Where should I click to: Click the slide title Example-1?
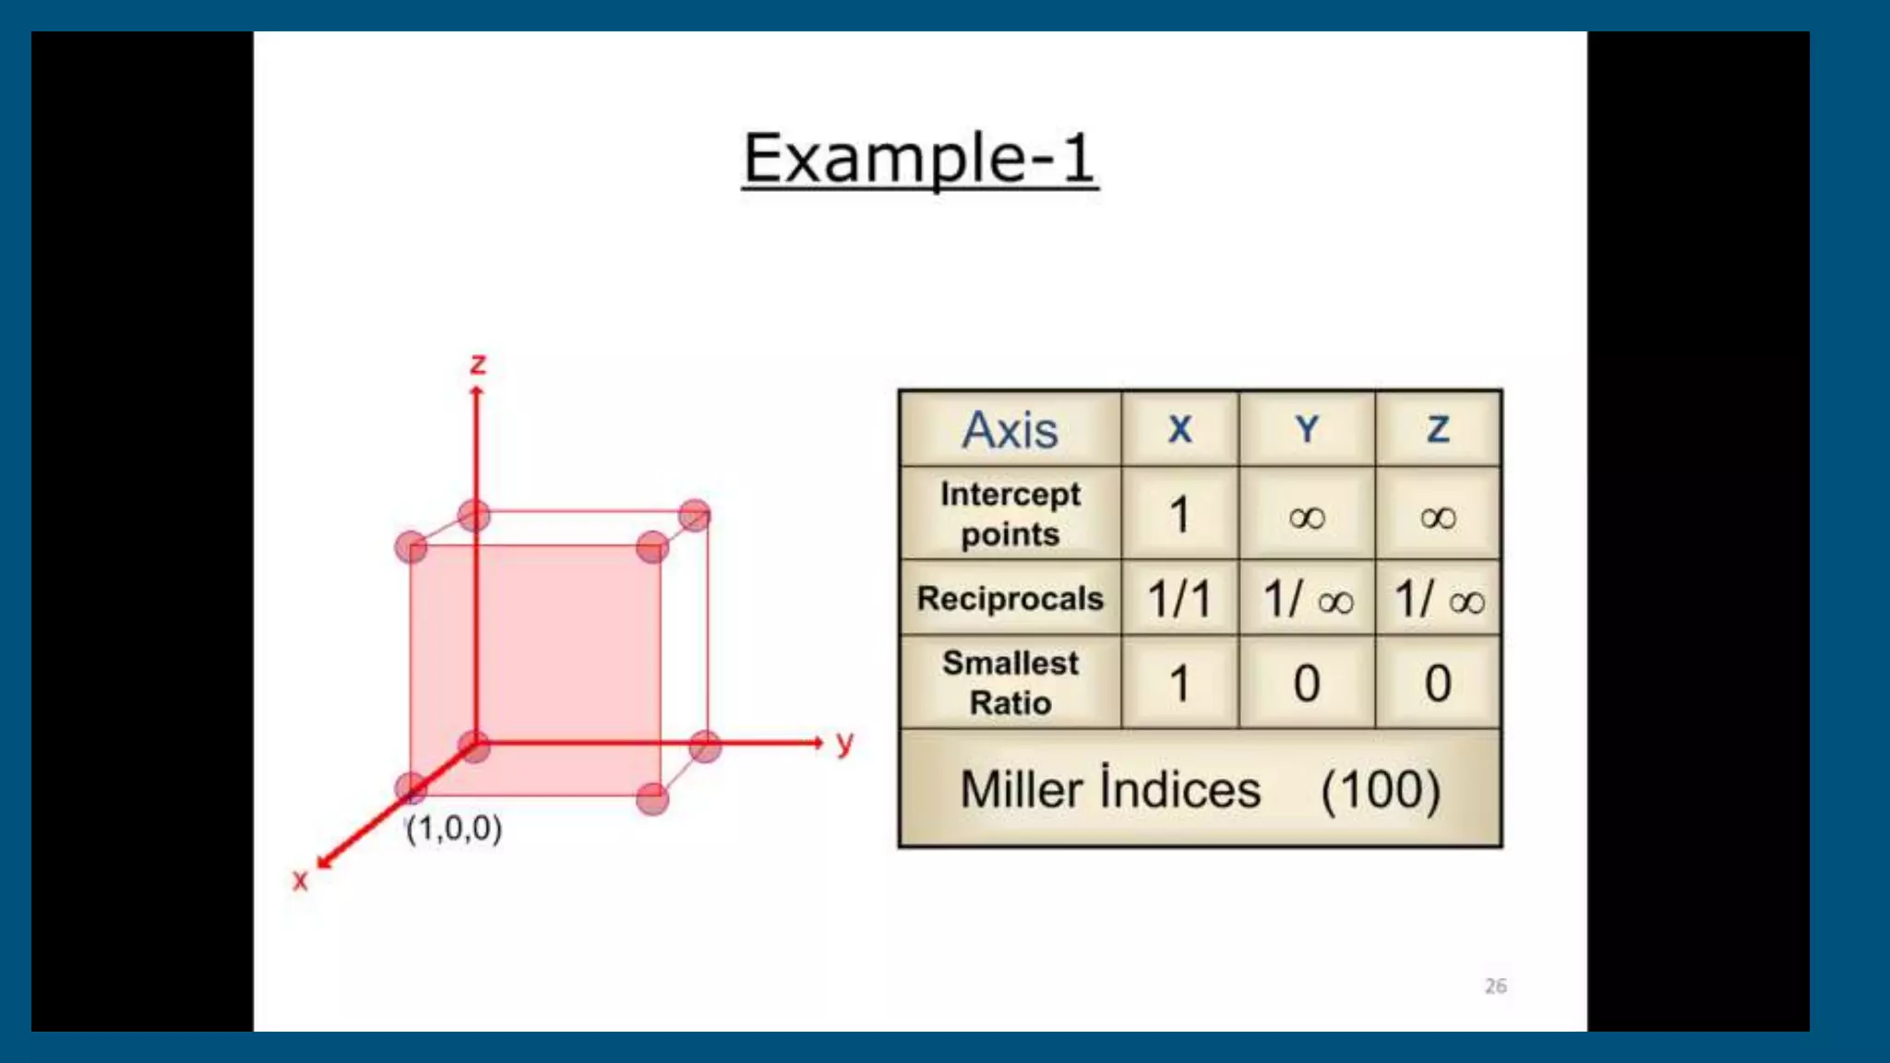(920, 158)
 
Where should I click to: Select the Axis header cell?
(1010, 430)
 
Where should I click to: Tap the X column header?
(1179, 430)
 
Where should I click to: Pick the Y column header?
(1307, 430)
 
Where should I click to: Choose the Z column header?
(1438, 430)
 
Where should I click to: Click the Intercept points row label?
(1010, 514)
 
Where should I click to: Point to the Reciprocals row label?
(1010, 599)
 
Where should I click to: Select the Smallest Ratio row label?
(1010, 683)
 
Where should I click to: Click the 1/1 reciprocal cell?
(1179, 599)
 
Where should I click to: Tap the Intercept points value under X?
(1179, 515)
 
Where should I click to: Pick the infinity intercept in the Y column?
(1307, 517)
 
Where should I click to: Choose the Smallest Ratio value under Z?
(1438, 684)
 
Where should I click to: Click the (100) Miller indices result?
(1381, 790)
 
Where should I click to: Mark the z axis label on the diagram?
(478, 364)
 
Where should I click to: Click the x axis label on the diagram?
(300, 880)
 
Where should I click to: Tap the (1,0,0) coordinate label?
(454, 829)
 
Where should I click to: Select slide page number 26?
(1495, 986)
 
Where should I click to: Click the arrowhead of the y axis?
(817, 742)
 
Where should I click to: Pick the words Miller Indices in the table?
(1110, 790)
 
